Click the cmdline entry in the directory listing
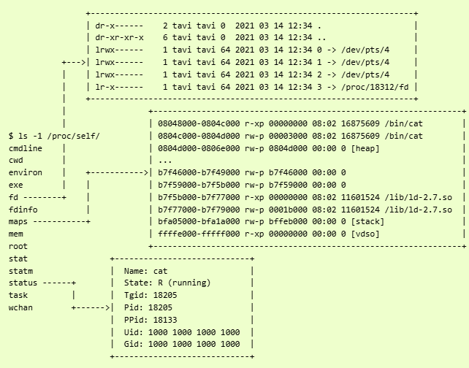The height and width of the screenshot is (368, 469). [25, 148]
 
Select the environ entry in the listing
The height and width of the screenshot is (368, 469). [25, 173]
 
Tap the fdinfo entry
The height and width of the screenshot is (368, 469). [23, 210]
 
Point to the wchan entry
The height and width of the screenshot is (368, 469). [20, 308]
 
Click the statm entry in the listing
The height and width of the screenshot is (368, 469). [20, 271]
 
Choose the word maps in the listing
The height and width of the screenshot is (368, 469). [18, 222]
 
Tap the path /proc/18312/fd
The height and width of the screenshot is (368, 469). [379, 87]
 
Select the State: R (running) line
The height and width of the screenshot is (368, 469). [167, 283]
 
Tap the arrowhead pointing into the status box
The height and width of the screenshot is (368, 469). [107, 308]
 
